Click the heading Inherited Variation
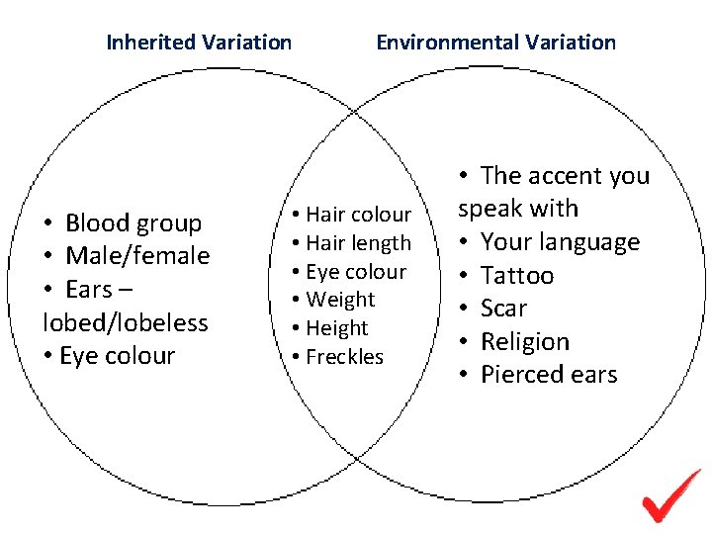(199, 43)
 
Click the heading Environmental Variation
(495, 43)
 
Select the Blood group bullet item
(133, 223)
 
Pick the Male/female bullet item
(137, 256)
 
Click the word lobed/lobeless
(126, 322)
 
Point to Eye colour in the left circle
(117, 356)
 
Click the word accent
(565, 176)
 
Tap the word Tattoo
(517, 276)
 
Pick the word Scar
(503, 309)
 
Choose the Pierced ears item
(549, 375)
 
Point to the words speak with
(518, 209)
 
